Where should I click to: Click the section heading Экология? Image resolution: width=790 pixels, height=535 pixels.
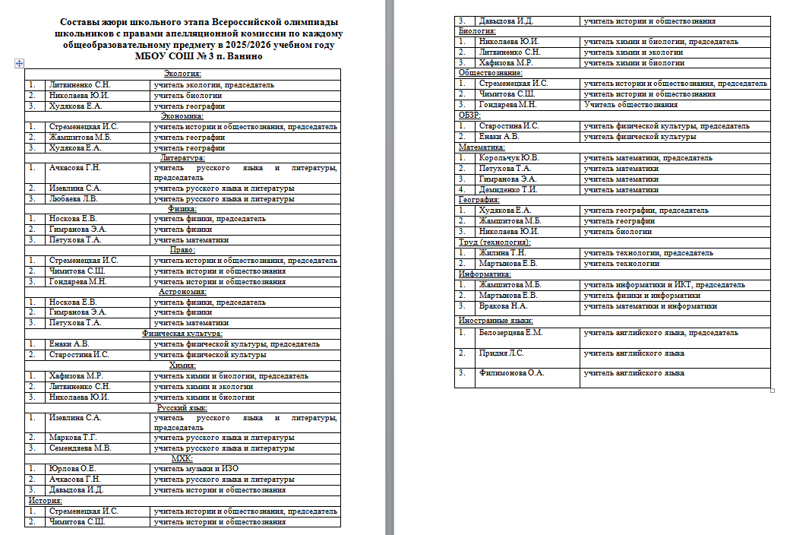click(182, 74)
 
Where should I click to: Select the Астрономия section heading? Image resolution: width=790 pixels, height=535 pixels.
click(182, 291)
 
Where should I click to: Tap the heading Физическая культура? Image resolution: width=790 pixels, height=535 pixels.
click(182, 333)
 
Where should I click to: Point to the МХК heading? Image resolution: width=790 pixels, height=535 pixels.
click(182, 458)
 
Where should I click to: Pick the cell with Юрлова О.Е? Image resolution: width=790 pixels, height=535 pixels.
click(72, 469)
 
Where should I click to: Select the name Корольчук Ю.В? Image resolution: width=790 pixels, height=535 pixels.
click(508, 157)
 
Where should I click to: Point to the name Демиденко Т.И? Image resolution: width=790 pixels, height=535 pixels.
click(508, 189)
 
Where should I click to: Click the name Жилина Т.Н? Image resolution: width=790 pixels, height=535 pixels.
click(502, 252)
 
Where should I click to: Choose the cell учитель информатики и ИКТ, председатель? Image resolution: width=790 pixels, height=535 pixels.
click(664, 284)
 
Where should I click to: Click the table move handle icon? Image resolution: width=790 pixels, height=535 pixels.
click(18, 65)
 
